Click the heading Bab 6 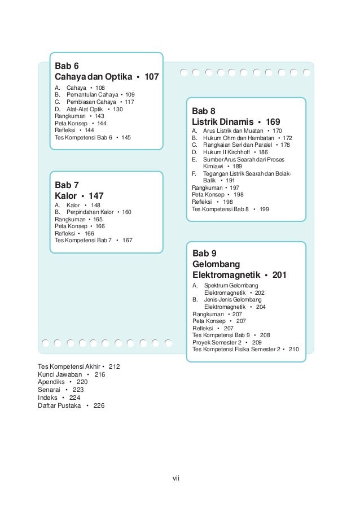[x=66, y=65]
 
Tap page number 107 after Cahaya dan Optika [x=152, y=76]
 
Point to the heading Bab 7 [x=66, y=185]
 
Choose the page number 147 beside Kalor [x=93, y=195]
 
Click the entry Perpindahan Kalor [x=90, y=212]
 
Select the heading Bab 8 [x=204, y=111]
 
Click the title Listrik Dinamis [x=221, y=122]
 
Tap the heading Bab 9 [x=204, y=253]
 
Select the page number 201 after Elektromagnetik [x=279, y=275]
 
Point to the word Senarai [x=49, y=390]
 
